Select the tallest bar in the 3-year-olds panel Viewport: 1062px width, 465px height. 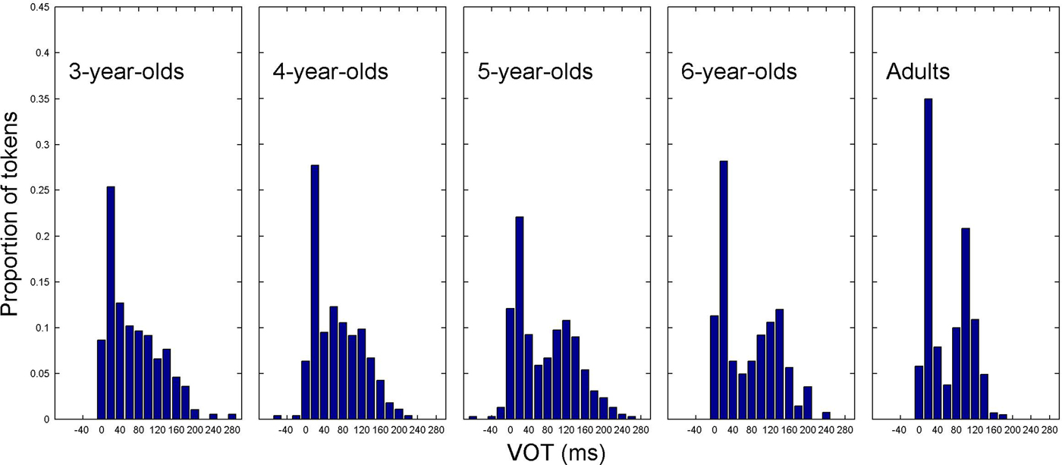pos(111,303)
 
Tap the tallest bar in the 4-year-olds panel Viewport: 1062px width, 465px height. pos(315,292)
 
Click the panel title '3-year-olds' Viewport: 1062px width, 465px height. pos(126,73)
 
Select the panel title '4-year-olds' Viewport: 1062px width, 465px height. pos(330,73)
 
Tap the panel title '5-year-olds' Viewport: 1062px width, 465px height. pos(535,73)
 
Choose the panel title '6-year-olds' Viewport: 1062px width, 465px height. pos(740,73)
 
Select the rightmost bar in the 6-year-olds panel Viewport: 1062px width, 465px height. pos(825,416)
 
